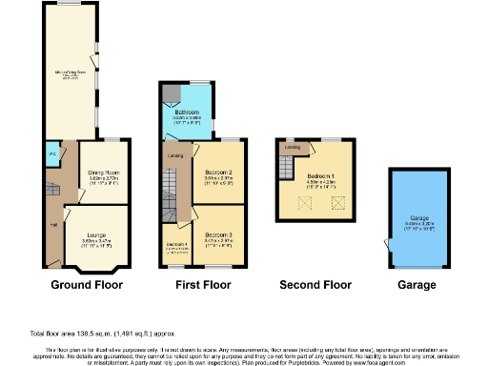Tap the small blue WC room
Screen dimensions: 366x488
click(52, 152)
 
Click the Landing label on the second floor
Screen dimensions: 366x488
click(294, 148)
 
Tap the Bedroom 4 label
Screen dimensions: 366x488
click(176, 246)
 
